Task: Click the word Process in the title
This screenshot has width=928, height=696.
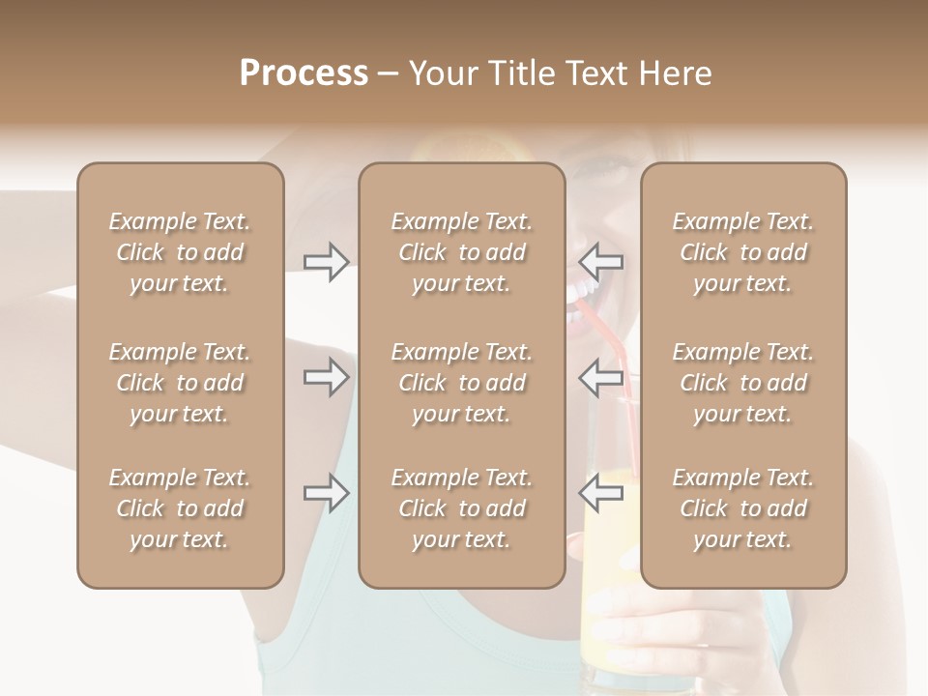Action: click(x=304, y=73)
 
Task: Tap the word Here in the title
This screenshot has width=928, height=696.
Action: click(x=673, y=73)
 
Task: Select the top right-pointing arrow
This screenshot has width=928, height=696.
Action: click(x=327, y=261)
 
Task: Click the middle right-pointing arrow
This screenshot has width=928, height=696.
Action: click(x=327, y=377)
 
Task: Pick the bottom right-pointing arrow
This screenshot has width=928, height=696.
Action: click(x=327, y=493)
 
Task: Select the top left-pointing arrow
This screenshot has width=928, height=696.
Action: click(x=601, y=261)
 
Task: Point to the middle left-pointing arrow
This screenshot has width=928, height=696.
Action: click(x=601, y=377)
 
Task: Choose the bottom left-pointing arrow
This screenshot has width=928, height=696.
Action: click(x=601, y=493)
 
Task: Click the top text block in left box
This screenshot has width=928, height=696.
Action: click(x=180, y=252)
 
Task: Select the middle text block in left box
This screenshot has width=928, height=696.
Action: click(x=180, y=383)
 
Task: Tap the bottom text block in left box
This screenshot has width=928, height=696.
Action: click(x=180, y=508)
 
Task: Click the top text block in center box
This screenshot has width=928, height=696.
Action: click(x=462, y=252)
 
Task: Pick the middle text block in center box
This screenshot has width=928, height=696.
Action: click(x=462, y=383)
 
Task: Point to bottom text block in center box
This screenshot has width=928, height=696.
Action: click(x=462, y=508)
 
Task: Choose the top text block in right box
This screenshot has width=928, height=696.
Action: click(x=743, y=252)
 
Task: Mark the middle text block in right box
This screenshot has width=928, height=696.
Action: click(x=743, y=383)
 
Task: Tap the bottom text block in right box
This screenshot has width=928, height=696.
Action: click(x=743, y=508)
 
